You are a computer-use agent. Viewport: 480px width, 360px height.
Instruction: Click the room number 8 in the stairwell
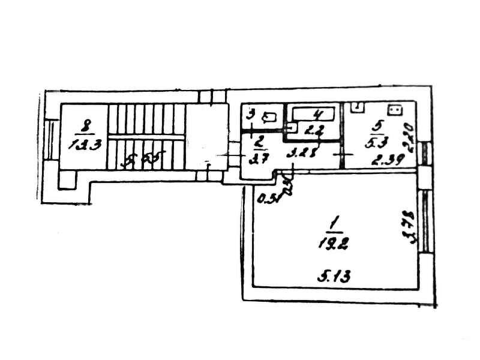tap(87, 126)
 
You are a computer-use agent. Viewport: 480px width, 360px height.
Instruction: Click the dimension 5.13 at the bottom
tap(333, 277)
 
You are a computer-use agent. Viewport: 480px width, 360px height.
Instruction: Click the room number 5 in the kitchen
tap(377, 127)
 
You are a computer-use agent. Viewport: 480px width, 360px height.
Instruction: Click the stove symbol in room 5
tap(395, 110)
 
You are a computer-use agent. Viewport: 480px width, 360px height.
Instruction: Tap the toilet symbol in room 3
tap(273, 117)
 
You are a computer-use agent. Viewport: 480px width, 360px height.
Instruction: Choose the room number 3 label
tap(253, 113)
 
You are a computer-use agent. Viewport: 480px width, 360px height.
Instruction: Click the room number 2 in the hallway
tap(257, 143)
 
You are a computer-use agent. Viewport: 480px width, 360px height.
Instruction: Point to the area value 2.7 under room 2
tap(256, 158)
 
